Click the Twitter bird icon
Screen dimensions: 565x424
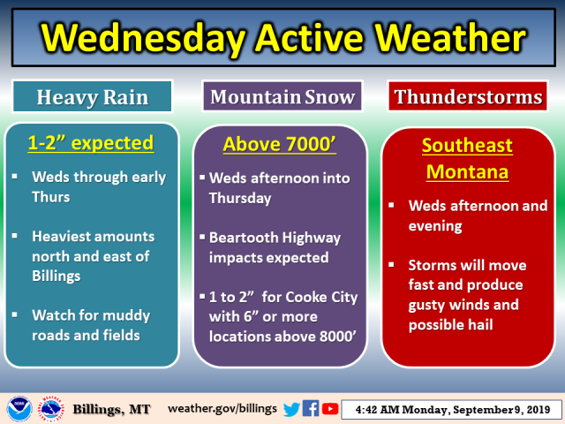pos(291,409)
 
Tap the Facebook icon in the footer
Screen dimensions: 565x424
pos(311,408)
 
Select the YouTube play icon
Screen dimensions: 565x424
pos(330,409)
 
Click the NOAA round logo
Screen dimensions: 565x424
pos(19,409)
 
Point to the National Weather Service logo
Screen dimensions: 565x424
pos(51,409)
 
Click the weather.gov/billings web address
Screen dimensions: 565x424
pos(222,408)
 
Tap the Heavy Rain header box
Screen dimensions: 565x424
pos(93,96)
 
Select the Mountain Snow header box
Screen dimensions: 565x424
pos(282,96)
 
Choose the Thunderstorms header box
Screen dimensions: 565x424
pos(468,96)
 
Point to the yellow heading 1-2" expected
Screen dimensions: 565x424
pos(91,143)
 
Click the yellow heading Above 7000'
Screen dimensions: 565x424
pos(280,144)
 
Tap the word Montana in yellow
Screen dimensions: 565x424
pos(467,171)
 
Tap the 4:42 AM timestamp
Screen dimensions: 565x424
pos(377,410)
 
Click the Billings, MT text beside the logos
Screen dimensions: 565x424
pos(111,409)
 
